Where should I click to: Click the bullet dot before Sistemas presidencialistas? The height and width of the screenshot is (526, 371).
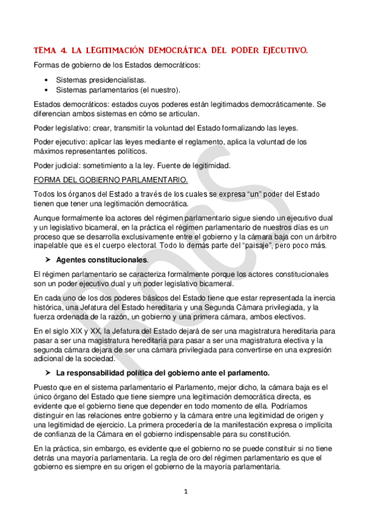(48, 80)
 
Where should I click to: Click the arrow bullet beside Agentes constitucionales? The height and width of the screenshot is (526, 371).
(47, 260)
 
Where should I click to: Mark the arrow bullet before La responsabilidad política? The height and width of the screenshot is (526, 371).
(47, 373)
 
